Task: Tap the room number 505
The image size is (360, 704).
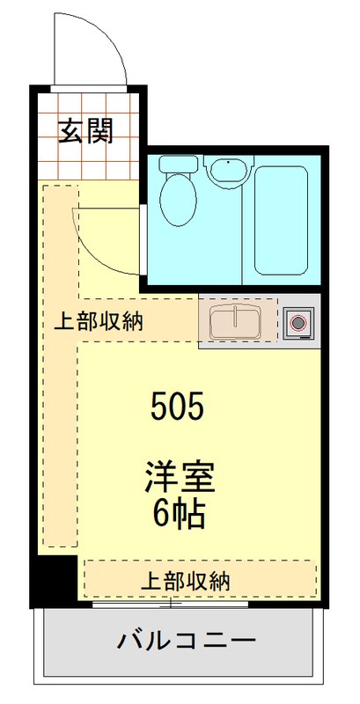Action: [x=177, y=407]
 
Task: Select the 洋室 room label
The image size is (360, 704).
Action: [x=180, y=480]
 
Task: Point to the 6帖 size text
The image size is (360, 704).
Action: [x=180, y=513]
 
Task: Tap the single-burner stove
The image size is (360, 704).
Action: [x=297, y=323]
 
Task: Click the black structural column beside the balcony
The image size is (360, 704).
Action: [x=56, y=578]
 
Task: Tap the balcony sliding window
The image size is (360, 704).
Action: [x=176, y=605]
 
